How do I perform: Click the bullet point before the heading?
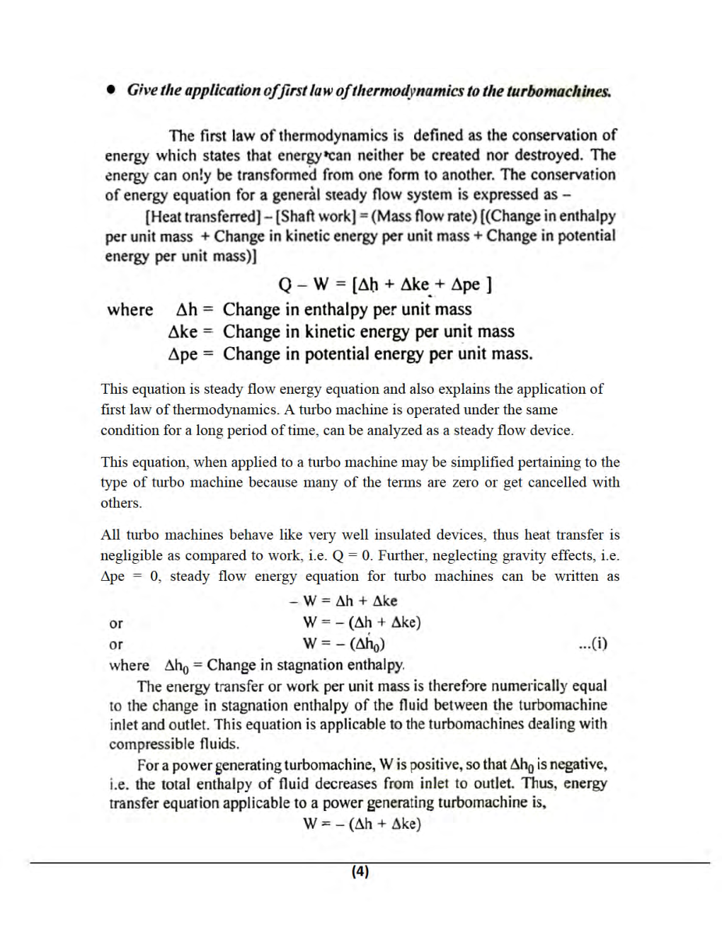[x=110, y=90]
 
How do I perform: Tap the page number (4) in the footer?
[x=360, y=871]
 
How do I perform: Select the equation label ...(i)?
[x=592, y=643]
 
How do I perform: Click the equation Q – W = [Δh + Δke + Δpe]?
[x=385, y=285]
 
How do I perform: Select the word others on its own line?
[x=121, y=503]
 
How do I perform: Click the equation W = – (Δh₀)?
[x=344, y=644]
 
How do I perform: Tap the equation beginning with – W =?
[x=343, y=601]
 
